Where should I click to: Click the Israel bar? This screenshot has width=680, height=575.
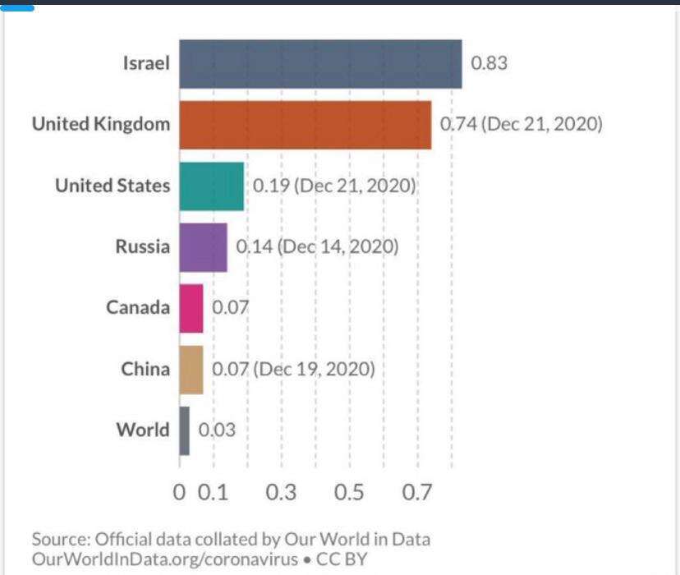tap(320, 63)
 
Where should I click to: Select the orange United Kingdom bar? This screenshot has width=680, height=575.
tap(305, 125)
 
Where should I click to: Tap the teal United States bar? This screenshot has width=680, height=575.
tap(211, 186)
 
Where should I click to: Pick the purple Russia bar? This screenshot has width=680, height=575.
tap(203, 246)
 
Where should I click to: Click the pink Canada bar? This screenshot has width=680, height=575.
tap(191, 308)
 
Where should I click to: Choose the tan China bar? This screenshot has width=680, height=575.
tap(191, 369)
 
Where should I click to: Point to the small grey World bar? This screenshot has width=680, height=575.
tap(184, 430)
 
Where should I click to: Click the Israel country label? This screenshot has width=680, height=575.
tap(146, 63)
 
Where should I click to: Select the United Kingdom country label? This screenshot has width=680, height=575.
tap(101, 125)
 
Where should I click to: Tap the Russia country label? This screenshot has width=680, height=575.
tap(142, 246)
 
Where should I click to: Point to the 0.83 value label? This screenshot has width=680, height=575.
tap(489, 63)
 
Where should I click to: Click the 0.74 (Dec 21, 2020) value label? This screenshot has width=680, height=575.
tap(521, 125)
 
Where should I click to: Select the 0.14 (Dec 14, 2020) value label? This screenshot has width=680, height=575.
tap(317, 246)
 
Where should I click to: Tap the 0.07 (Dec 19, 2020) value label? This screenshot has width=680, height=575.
tap(293, 369)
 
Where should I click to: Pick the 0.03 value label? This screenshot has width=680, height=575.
tap(217, 430)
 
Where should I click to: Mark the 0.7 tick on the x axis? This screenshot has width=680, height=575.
tap(416, 493)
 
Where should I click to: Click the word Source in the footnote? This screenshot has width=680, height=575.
tap(60, 540)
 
